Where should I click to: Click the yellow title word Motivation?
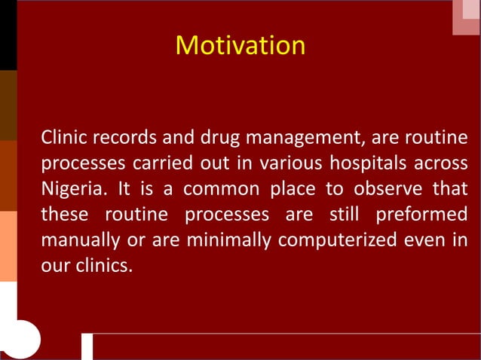(x=240, y=45)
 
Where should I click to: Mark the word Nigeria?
(x=69, y=189)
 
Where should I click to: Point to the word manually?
(x=79, y=240)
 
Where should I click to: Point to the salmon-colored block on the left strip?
(x=8, y=246)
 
